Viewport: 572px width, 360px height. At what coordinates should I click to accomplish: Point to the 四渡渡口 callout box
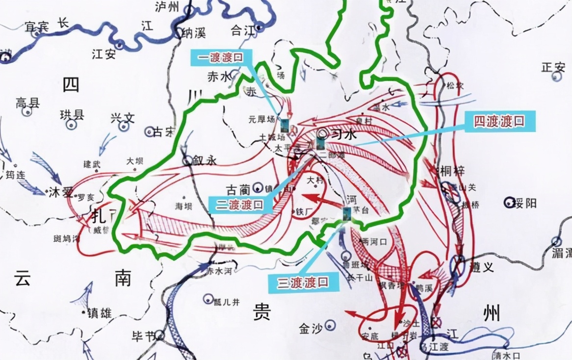pos(499,122)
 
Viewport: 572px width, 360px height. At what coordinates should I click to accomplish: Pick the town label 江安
pos(104,54)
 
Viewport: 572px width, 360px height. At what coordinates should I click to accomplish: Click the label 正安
pos(553,67)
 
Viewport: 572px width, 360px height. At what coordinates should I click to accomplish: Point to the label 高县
pos(27,103)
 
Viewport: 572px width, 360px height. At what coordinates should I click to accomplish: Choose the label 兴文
pos(122,118)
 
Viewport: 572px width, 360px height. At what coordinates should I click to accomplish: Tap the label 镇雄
pos(100,312)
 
